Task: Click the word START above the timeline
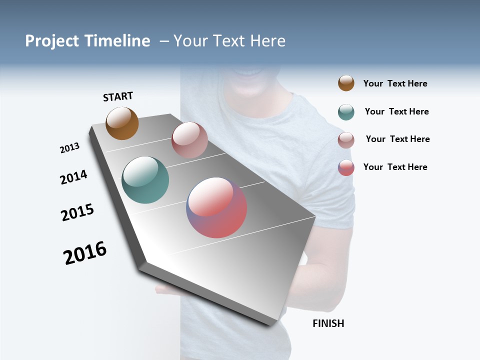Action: [x=118, y=96]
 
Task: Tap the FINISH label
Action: [x=328, y=323]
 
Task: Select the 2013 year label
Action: [x=69, y=148]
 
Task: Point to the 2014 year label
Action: [x=73, y=177]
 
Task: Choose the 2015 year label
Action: [x=77, y=212]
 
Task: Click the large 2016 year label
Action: [x=85, y=253]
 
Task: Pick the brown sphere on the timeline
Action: [x=122, y=123]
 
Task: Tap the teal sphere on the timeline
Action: [x=145, y=180]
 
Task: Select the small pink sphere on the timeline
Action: [x=189, y=140]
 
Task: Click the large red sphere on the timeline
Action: [x=216, y=207]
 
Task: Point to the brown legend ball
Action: [x=346, y=83]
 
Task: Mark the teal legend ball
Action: [x=346, y=112]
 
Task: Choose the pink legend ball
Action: [x=346, y=140]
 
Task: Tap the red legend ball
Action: [x=346, y=167]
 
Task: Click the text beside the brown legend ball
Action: [x=395, y=83]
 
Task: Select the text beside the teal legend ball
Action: [x=396, y=111]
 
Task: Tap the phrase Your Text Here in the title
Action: [x=229, y=41]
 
